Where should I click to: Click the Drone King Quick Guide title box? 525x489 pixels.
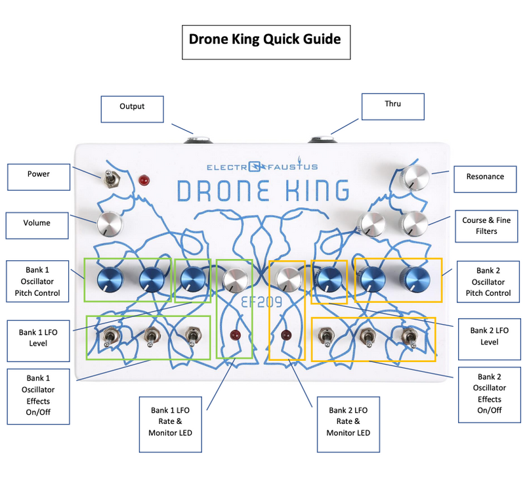266,42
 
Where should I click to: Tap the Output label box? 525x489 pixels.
133,109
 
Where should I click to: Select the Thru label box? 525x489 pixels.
392,106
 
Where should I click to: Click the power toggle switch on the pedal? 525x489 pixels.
109,179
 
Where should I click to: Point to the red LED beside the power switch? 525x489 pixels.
144,181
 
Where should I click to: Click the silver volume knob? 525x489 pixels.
110,223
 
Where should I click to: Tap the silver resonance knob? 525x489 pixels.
415,177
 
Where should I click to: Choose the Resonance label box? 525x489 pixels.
485,179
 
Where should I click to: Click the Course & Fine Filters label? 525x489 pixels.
486,226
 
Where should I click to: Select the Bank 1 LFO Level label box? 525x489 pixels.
38,340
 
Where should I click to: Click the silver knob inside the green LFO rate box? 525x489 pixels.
236,280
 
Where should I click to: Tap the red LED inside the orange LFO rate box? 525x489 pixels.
286,335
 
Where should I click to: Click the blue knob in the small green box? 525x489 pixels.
193,280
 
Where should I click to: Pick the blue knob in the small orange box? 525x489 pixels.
329,280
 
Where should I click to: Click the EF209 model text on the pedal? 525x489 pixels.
262,302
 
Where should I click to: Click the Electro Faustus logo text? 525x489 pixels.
262,166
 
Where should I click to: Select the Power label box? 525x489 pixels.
39,177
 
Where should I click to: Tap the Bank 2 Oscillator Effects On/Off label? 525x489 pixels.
490,394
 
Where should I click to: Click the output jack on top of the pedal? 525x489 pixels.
198,139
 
